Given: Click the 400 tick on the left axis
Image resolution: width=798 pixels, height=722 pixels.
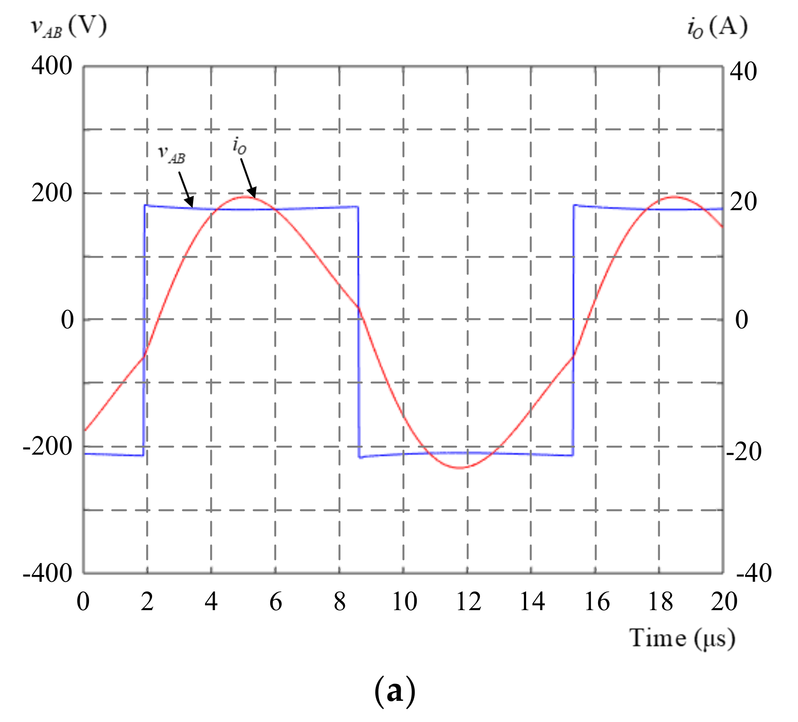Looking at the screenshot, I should (52, 66).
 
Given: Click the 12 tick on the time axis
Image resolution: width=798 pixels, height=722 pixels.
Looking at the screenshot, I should (468, 602).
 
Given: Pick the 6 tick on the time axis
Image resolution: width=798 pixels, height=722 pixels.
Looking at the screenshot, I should (276, 602).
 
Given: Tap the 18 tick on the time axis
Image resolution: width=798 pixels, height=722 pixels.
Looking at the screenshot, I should (660, 602).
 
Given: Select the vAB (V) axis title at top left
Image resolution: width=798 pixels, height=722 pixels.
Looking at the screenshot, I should (69, 27).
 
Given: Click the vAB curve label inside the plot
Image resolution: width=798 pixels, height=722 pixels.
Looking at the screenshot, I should (172, 154).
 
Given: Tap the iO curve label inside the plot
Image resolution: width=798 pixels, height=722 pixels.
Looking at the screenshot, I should (239, 146).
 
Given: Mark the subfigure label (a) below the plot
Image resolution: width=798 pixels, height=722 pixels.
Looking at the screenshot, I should (395, 691).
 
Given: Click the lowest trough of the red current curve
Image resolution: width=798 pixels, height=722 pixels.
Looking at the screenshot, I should (460, 468).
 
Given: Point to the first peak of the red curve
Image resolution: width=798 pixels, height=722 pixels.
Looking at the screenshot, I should (245, 197).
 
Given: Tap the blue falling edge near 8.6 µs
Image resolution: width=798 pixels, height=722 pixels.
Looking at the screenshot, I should (359, 330).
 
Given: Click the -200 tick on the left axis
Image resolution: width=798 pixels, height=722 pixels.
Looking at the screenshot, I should (47, 446).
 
